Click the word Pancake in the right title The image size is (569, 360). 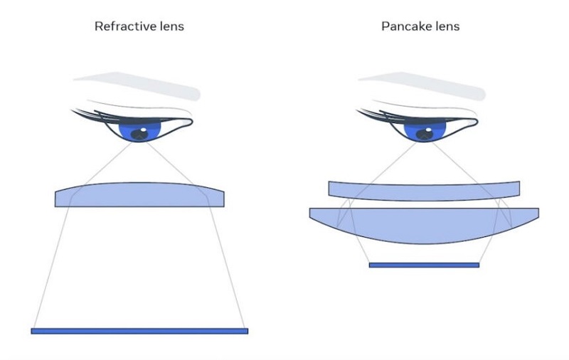coord(400,27)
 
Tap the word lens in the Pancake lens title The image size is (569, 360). coord(445,27)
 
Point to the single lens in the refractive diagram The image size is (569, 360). coord(140,195)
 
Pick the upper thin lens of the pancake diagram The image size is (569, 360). coord(424,189)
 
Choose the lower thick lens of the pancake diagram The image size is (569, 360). coord(424,226)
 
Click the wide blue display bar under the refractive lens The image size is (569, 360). coord(139,331)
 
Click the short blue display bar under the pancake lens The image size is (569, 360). coord(424,265)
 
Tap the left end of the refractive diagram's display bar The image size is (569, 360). coord(33,331)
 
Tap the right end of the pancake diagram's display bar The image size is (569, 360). coord(477,265)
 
